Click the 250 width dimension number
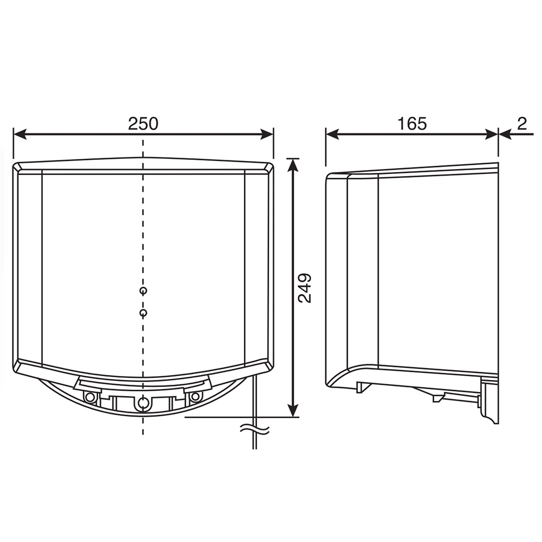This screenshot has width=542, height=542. pos(143,124)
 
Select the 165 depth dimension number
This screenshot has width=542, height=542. pos(412,124)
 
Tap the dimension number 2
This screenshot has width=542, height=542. pos(521,124)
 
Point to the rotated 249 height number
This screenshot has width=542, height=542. pos(305,288)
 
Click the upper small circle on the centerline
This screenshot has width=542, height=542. pos(143,291)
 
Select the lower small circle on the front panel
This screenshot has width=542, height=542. pos(143,313)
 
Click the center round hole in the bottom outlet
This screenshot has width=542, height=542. pos(143,403)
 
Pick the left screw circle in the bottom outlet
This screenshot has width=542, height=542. pos(91,397)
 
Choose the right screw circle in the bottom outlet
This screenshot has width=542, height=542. pos(195,397)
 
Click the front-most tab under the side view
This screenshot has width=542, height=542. pos(363,386)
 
